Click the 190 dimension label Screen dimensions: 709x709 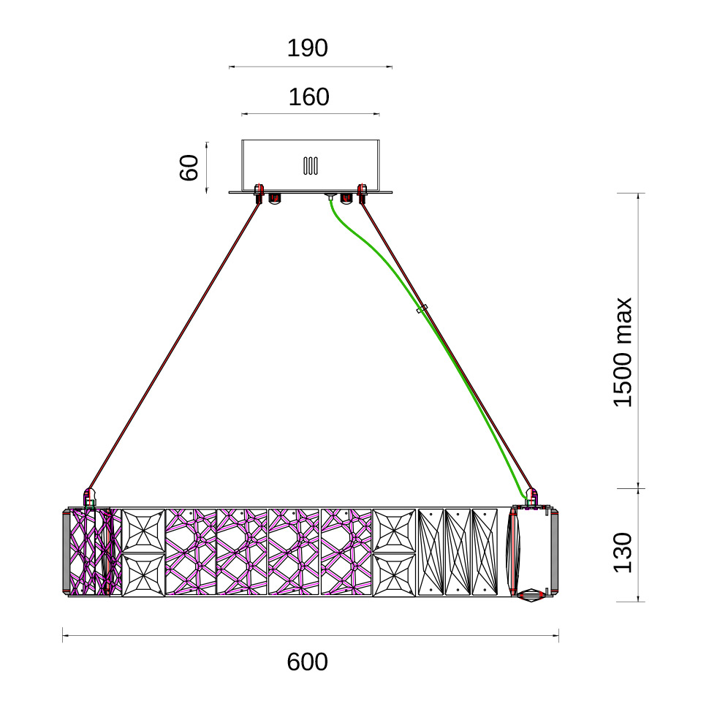tap(308, 48)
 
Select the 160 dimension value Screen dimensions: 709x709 tap(309, 97)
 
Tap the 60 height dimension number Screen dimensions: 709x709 tap(189, 168)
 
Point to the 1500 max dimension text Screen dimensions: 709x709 tap(623, 352)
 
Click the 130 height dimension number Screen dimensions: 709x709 tap(623, 553)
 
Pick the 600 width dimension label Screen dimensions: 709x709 tap(308, 662)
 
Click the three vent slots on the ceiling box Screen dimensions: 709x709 tap(310, 165)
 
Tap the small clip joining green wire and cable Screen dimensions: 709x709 tap(422, 309)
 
